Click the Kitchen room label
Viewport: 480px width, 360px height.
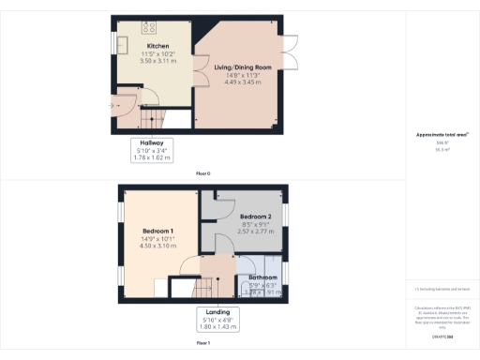[x=157, y=46]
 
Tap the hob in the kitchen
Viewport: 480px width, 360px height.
[x=150, y=26]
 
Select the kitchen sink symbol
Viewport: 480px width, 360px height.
[x=122, y=44]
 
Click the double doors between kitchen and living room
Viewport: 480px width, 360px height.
[x=195, y=72]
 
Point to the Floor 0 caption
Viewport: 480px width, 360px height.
[x=202, y=174]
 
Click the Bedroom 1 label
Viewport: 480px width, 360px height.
[x=158, y=231]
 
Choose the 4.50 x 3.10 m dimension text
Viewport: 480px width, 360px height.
[x=158, y=247]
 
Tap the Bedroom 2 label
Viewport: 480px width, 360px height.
[x=256, y=217]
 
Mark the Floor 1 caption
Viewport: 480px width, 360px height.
[x=202, y=344]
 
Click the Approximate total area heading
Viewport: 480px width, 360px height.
[x=442, y=136]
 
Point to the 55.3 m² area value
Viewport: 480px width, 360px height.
[x=442, y=150]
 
